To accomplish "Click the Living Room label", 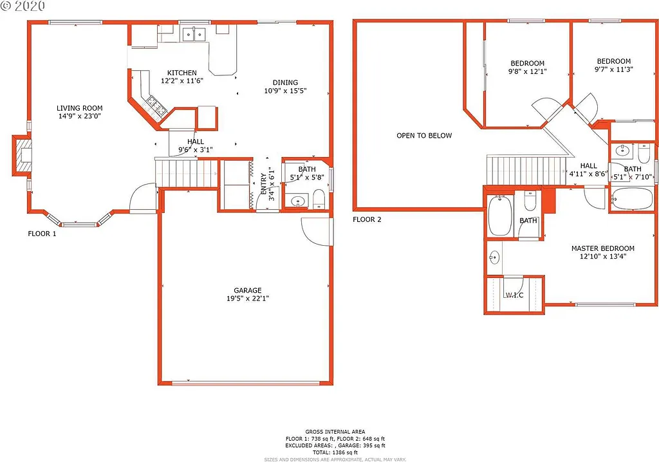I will click(x=79, y=108).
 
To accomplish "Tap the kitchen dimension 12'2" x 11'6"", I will click(x=182, y=82).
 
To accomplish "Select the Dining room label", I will click(x=285, y=82).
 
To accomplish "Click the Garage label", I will click(x=248, y=290).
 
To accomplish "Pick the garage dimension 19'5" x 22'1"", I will click(x=248, y=299).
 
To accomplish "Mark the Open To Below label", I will click(x=424, y=136).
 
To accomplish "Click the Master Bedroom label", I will click(x=602, y=248).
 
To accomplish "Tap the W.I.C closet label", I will click(x=514, y=295).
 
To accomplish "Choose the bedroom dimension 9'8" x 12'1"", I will click(x=527, y=72).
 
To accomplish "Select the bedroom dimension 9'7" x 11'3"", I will click(x=613, y=69).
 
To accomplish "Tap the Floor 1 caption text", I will click(x=42, y=234).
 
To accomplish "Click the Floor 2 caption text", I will click(x=367, y=219).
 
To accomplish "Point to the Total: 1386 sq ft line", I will click(x=335, y=452).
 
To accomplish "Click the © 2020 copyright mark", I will click(x=23, y=6).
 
